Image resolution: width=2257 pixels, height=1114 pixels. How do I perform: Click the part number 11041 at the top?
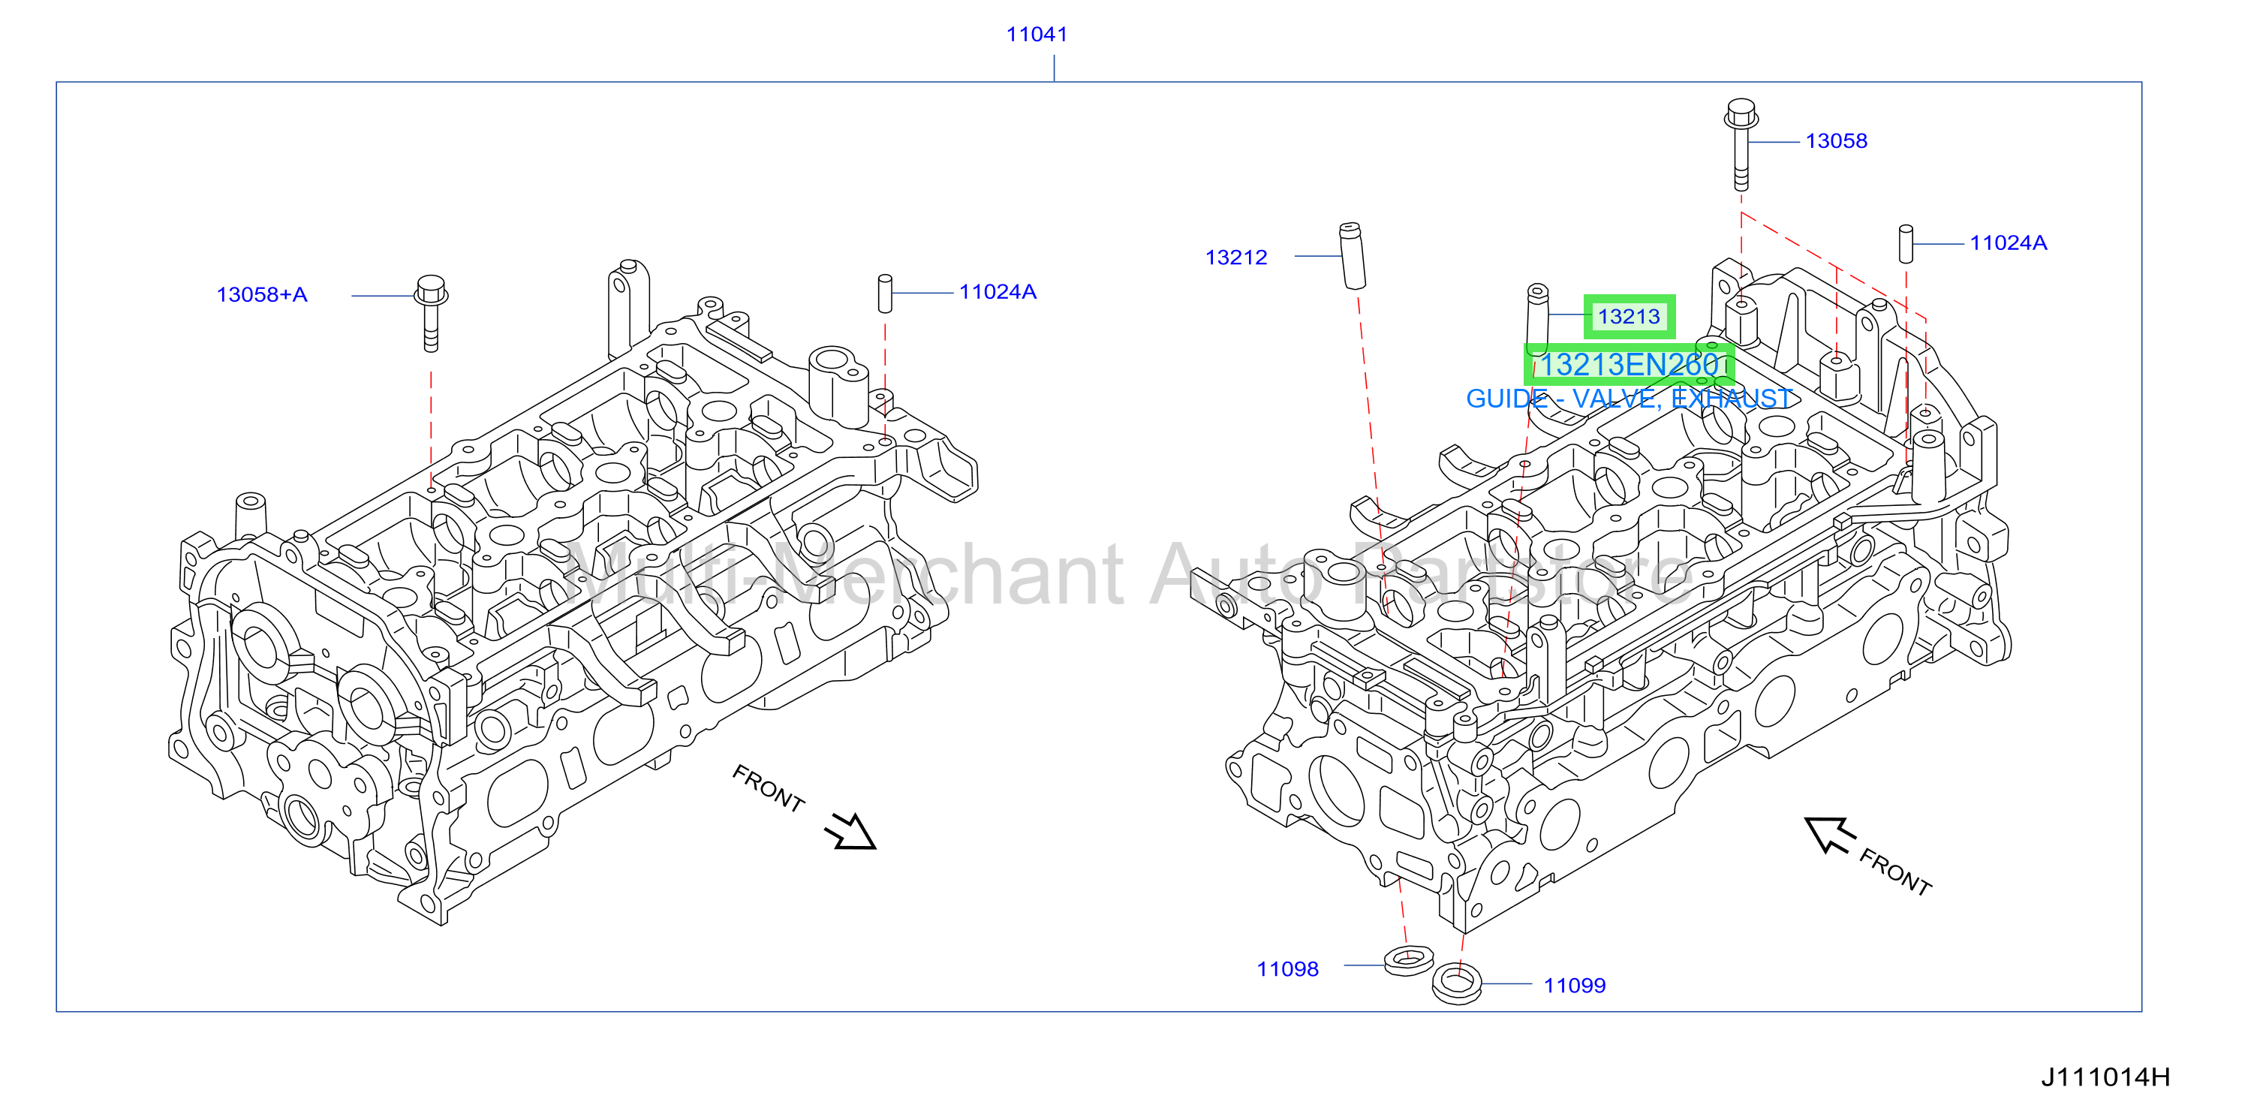point(1037,35)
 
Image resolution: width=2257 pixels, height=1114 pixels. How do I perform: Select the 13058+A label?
point(262,294)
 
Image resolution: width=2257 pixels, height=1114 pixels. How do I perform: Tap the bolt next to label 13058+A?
point(430,313)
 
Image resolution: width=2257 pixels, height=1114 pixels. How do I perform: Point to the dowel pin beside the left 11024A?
point(885,294)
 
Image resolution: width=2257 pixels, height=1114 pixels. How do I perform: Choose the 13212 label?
point(1235,257)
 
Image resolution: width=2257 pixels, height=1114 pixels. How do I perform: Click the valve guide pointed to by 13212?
point(1353,255)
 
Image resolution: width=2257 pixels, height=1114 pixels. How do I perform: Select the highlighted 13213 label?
point(1629,316)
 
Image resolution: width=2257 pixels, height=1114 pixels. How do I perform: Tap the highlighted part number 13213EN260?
point(1629,365)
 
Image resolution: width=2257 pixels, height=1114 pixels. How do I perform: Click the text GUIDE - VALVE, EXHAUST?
point(1630,399)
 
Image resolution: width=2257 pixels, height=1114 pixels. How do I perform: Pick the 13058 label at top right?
point(1836,141)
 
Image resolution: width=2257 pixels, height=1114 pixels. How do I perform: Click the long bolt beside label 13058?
point(1741,145)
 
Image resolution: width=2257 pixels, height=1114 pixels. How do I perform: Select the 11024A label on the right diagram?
point(2008,242)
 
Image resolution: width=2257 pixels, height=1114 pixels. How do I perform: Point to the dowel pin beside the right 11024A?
point(1906,244)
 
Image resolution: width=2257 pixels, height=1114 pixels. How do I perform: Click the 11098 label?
point(1287,969)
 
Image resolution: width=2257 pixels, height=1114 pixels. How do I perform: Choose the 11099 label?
point(1575,986)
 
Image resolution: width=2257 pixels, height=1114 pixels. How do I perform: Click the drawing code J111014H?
point(2105,1077)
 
